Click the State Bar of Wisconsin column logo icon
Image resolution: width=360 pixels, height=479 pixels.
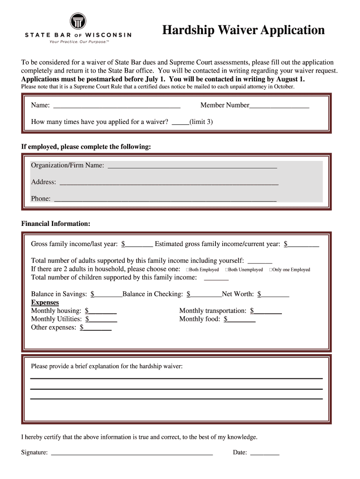(x=78, y=21)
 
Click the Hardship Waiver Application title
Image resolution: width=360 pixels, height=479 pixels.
(x=243, y=30)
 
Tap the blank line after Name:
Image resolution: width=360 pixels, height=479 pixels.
(x=117, y=106)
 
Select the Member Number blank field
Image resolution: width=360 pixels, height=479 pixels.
(x=279, y=106)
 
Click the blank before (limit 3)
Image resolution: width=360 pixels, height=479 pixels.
(x=180, y=123)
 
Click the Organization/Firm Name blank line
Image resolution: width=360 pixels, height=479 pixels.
(x=192, y=166)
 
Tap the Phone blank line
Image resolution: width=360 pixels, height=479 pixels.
(x=165, y=199)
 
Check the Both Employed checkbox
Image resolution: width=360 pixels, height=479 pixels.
(x=187, y=270)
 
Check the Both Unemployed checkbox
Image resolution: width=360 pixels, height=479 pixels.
(x=227, y=270)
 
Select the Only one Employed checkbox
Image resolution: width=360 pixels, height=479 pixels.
(x=271, y=270)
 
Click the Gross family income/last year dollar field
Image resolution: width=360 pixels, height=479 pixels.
(x=139, y=244)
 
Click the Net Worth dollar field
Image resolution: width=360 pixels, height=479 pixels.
(x=275, y=295)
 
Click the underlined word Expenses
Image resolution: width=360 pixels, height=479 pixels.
(x=45, y=303)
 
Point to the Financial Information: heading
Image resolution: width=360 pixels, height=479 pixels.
(x=56, y=224)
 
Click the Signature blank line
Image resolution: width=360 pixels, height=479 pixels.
(x=131, y=453)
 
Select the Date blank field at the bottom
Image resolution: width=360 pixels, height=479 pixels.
(x=265, y=453)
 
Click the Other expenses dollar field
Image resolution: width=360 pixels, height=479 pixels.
(x=97, y=328)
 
